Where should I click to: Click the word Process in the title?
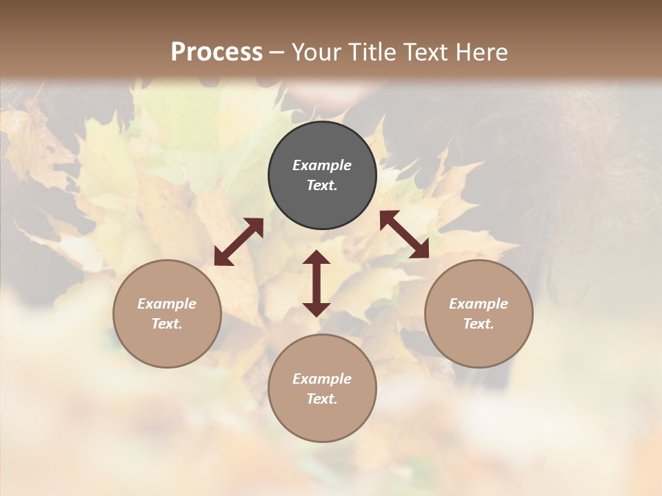click(x=217, y=52)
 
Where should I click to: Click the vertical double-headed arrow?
click(x=317, y=283)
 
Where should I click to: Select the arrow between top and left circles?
click(x=239, y=242)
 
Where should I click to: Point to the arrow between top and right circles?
click(x=404, y=234)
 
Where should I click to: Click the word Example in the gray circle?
click(x=322, y=165)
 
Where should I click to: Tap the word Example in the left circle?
click(x=167, y=304)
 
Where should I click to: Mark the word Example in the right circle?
click(x=479, y=304)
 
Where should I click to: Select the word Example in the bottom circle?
click(x=322, y=379)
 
